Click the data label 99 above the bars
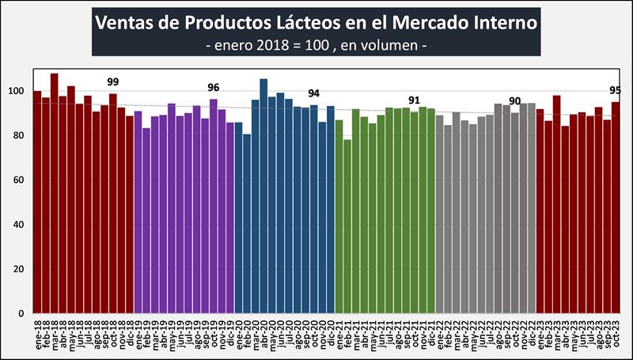pos(113,82)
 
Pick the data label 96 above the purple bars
pos(214,87)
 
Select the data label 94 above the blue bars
pos(313,93)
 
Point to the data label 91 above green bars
pos(414,100)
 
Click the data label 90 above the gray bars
pos(515,101)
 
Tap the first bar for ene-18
pos(37,202)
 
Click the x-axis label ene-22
pos(440,336)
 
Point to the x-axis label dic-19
pos(230,336)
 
